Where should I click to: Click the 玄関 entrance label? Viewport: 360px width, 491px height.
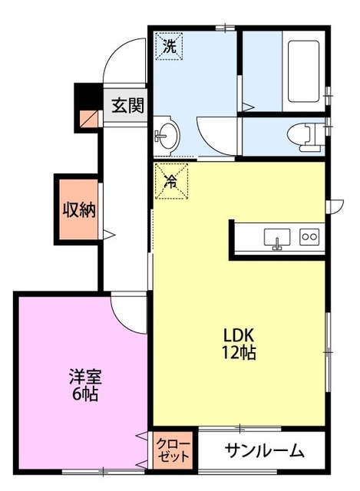(128, 106)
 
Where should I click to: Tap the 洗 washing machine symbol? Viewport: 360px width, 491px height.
(169, 46)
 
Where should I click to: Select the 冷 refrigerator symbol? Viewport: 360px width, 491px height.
(172, 181)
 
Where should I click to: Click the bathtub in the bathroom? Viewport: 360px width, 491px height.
(303, 71)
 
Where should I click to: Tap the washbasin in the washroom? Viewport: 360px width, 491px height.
(167, 136)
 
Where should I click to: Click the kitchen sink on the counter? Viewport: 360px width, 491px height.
(277, 239)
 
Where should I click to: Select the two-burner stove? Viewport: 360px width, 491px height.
(309, 237)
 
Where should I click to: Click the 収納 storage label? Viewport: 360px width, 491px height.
(79, 209)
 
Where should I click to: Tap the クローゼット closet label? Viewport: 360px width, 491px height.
(173, 450)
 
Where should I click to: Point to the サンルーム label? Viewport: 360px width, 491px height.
(264, 451)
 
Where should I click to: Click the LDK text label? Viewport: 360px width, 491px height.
(238, 335)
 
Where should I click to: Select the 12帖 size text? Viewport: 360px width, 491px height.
(239, 352)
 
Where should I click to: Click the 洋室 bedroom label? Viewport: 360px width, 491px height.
(85, 377)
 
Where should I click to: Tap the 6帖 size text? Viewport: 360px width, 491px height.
(85, 394)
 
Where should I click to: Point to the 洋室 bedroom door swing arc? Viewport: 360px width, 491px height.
(121, 322)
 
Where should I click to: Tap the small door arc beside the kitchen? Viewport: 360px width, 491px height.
(339, 206)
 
